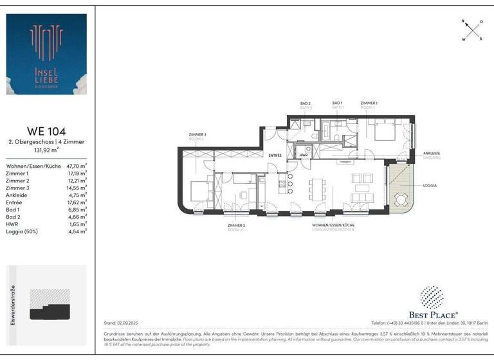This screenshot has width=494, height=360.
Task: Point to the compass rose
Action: tap(472, 30)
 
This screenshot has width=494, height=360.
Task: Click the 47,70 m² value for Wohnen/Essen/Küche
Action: tap(77, 165)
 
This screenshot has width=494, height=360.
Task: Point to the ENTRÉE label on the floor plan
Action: tap(275, 155)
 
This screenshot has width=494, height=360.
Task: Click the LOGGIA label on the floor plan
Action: tap(430, 185)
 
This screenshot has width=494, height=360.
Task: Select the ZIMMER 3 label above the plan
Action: tap(196, 134)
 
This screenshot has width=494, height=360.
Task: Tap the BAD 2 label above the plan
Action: tap(306, 104)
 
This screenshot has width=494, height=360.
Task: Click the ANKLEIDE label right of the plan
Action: tap(432, 153)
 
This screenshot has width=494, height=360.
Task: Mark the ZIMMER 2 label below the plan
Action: tap(236, 226)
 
